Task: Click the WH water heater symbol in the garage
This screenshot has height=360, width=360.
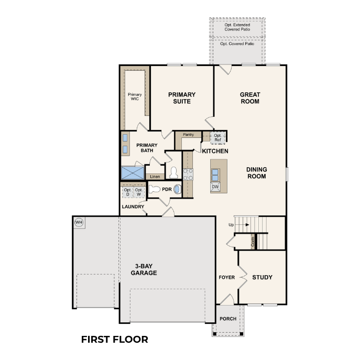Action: click(79, 222)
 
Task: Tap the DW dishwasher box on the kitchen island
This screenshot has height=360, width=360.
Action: click(215, 187)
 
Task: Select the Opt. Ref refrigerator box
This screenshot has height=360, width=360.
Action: click(217, 138)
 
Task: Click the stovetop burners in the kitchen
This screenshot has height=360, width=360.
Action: click(188, 174)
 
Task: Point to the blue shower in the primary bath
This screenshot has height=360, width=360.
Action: click(133, 172)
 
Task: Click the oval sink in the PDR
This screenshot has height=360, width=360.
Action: click(177, 189)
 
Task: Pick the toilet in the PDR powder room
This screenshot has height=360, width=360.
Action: click(155, 189)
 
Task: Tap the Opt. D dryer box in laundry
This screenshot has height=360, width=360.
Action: click(127, 192)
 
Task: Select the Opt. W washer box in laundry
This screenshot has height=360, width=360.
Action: click(139, 192)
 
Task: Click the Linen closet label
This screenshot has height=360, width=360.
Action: click(155, 177)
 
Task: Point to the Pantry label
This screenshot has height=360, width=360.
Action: click(188, 135)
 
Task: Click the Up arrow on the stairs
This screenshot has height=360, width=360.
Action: click(247, 225)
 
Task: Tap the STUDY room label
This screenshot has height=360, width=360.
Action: click(262, 277)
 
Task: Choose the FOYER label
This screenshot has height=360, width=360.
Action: click(226, 277)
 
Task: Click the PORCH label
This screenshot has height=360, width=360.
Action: click(228, 319)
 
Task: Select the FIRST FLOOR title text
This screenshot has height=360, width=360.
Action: click(115, 340)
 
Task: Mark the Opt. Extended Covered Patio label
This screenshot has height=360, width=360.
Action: click(237, 27)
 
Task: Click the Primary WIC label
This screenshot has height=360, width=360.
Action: click(135, 96)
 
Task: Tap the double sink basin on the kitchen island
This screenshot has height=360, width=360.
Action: click(215, 175)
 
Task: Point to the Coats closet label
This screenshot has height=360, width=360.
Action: click(253, 242)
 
